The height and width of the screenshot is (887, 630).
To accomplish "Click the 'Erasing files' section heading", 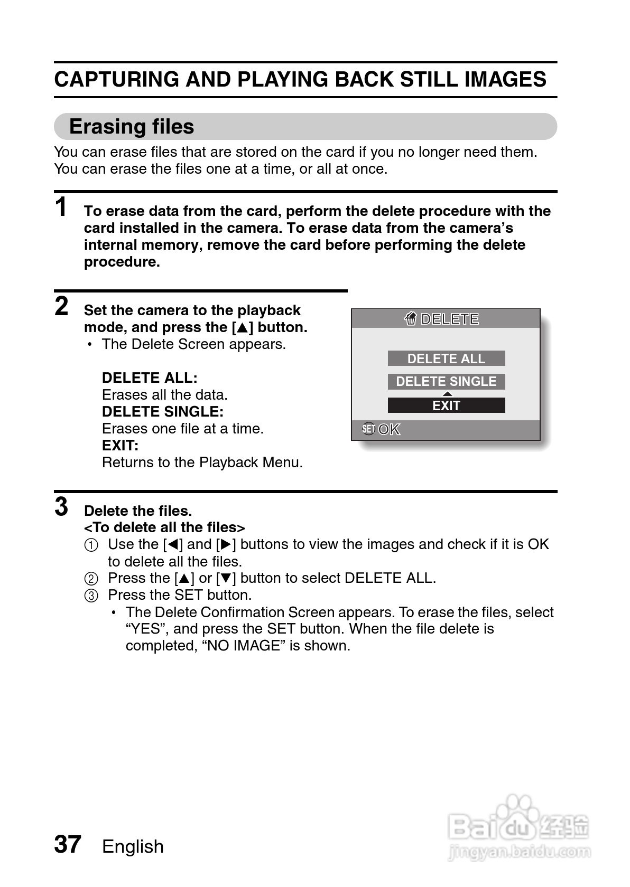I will pos(132,127).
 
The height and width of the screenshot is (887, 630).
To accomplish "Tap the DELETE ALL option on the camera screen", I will pos(446,358).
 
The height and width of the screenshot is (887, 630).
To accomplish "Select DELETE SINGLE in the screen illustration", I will pos(446,381).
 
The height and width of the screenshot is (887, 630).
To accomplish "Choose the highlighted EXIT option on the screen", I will pos(446,405).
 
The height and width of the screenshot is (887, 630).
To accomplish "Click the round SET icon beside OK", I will pos(368,429).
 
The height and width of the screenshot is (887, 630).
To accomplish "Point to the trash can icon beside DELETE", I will pos(411,319).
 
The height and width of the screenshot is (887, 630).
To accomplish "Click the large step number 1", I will pos(62,207).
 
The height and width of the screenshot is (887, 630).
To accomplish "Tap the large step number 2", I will pos(62,306).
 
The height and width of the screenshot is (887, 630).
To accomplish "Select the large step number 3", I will pos(62,507).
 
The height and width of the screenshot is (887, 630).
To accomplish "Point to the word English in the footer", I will pos(133,846).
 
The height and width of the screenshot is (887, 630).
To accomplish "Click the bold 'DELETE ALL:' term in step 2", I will pos(150,378).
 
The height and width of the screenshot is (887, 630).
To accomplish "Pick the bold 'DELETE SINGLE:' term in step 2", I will pos(163,412).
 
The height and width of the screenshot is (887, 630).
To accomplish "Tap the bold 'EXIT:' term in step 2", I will pos(120,446).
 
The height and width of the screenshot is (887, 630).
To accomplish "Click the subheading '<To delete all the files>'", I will pos(164,527).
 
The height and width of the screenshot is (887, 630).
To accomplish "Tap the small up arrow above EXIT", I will pos(447,394).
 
